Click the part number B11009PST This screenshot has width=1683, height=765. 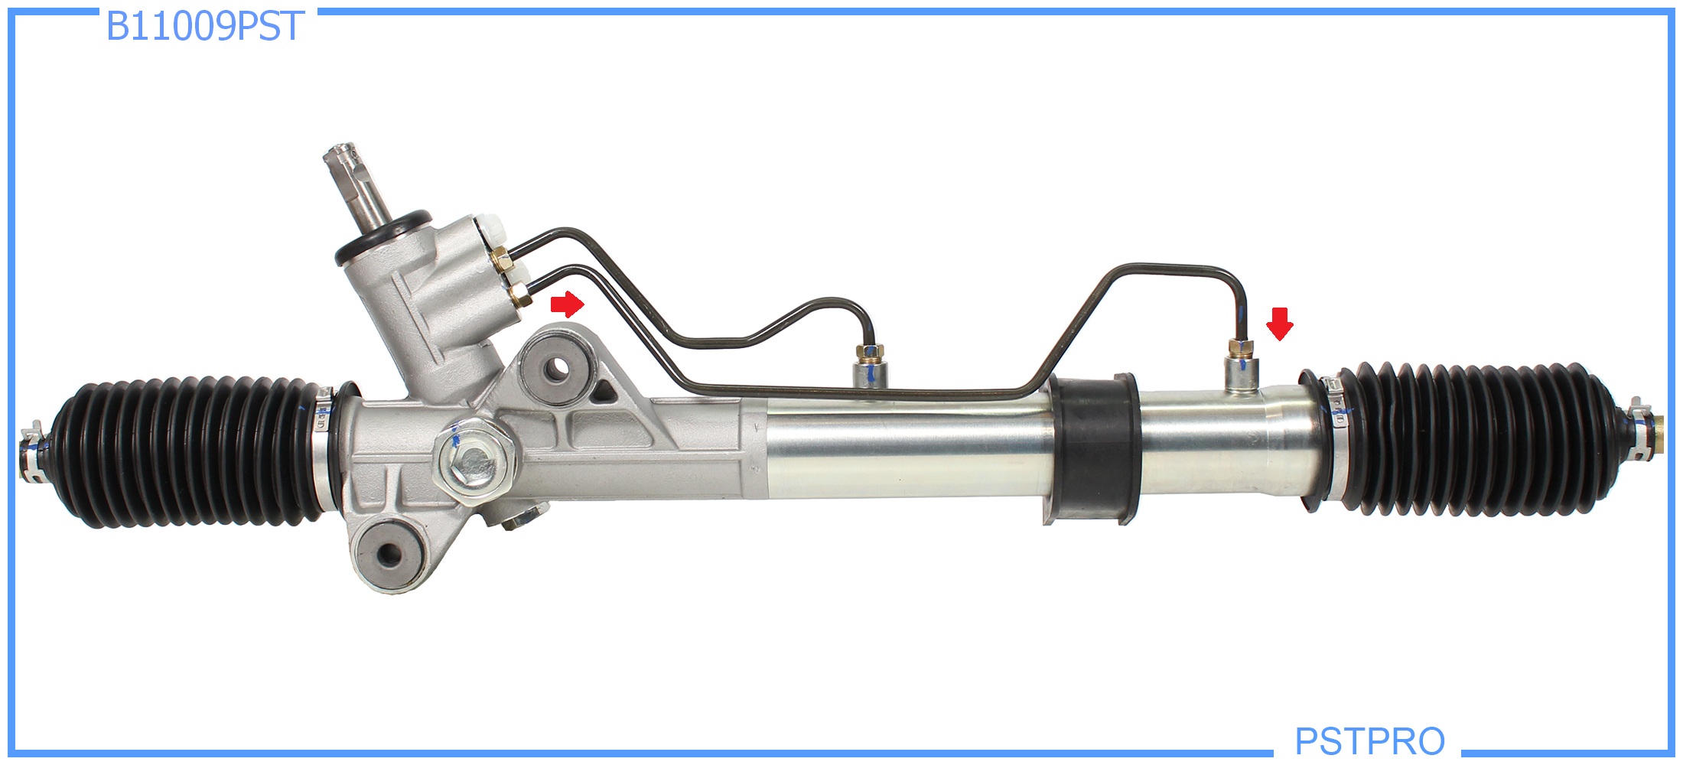coord(205,26)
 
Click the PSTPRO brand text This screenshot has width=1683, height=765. coord(1369,741)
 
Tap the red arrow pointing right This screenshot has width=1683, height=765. coord(568,304)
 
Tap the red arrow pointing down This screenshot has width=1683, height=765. coord(1280,324)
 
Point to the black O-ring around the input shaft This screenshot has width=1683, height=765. coord(383,236)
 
